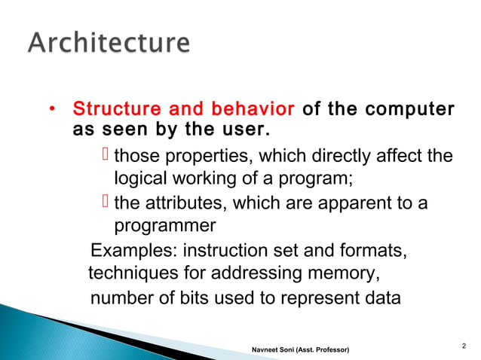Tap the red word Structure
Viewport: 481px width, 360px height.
click(x=116, y=110)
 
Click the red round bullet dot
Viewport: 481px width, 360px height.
click(x=52, y=111)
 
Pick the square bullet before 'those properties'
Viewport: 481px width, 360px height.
click(x=106, y=156)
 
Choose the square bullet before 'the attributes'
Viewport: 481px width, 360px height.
click(x=106, y=202)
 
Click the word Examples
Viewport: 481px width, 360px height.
click(x=124, y=249)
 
